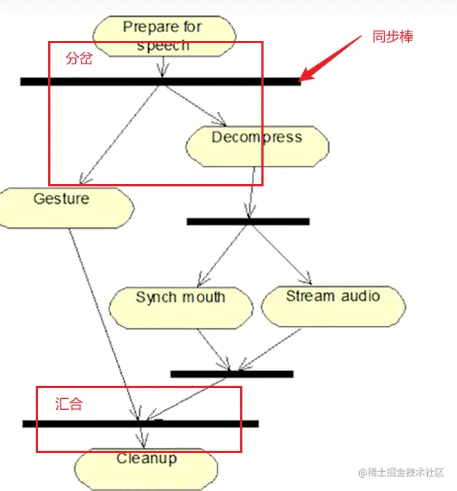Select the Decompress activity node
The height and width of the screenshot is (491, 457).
pos(257,145)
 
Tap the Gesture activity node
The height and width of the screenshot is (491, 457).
pos(66,208)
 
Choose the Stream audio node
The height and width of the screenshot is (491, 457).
pos(333,305)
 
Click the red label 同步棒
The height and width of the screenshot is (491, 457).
pos(393,37)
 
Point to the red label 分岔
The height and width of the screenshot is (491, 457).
pos(79,59)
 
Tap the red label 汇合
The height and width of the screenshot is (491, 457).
pos(69,403)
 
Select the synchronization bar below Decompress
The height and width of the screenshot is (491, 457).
pos(247,221)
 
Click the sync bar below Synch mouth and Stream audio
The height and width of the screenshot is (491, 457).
pos(231,373)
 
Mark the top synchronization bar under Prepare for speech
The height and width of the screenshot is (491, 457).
pos(160,81)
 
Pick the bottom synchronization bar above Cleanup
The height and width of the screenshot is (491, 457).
pos(140,423)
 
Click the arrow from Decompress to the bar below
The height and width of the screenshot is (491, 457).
pos(252,191)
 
